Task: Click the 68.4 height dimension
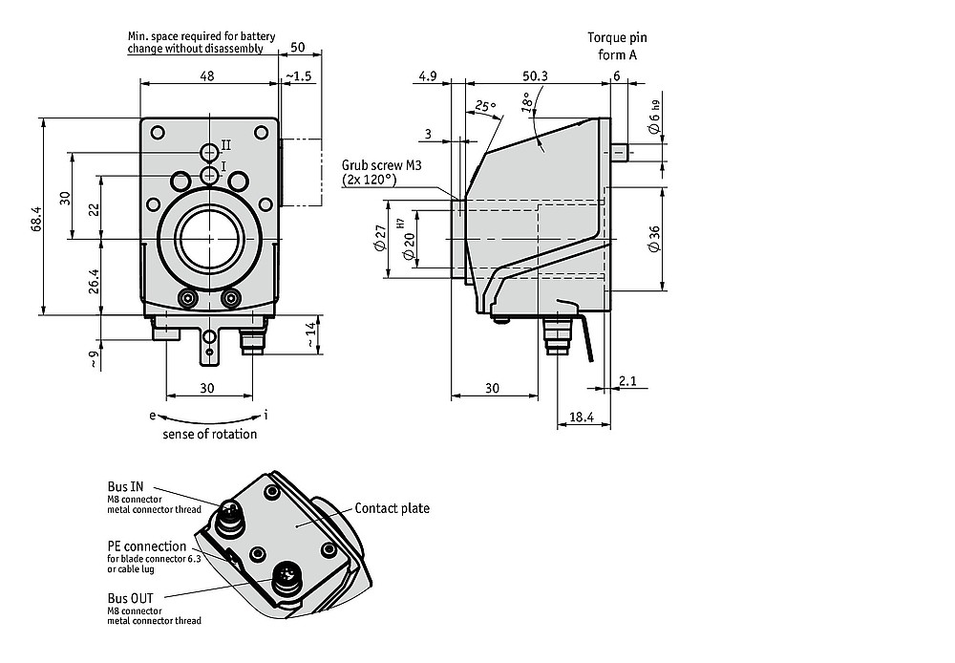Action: tap(36, 219)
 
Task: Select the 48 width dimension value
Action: tap(207, 75)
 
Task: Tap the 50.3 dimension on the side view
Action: tap(536, 75)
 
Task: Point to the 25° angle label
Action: tap(485, 106)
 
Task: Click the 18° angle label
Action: tap(527, 102)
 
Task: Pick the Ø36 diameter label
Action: tap(654, 239)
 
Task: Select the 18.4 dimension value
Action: tap(581, 417)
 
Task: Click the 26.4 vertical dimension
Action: tap(94, 282)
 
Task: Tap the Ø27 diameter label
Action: tap(380, 238)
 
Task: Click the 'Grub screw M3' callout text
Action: tap(381, 165)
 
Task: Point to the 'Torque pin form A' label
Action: tap(617, 46)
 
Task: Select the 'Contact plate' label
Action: tap(393, 508)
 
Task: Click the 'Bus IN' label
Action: tap(125, 486)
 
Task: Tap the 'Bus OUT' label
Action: tap(130, 598)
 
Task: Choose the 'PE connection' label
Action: tap(147, 546)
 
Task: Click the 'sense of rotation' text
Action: tap(209, 434)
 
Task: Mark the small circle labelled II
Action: tap(210, 152)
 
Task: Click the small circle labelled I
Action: tap(209, 175)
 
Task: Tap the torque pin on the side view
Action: tap(620, 152)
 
